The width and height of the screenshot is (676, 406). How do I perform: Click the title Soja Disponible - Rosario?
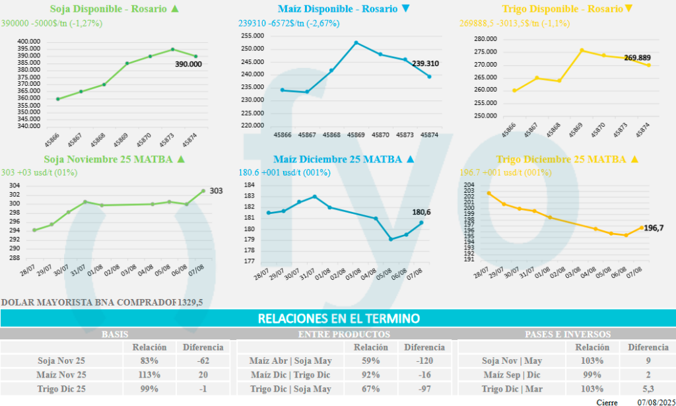108,9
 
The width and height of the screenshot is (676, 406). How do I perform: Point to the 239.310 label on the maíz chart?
425,63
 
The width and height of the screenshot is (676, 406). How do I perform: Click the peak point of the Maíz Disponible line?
356,43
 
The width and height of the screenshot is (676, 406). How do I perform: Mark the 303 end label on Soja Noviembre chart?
216,191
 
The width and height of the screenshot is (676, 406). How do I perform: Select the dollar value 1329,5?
190,302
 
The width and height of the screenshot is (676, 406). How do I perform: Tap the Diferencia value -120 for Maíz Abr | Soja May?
424,361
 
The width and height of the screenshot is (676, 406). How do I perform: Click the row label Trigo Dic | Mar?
512,389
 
